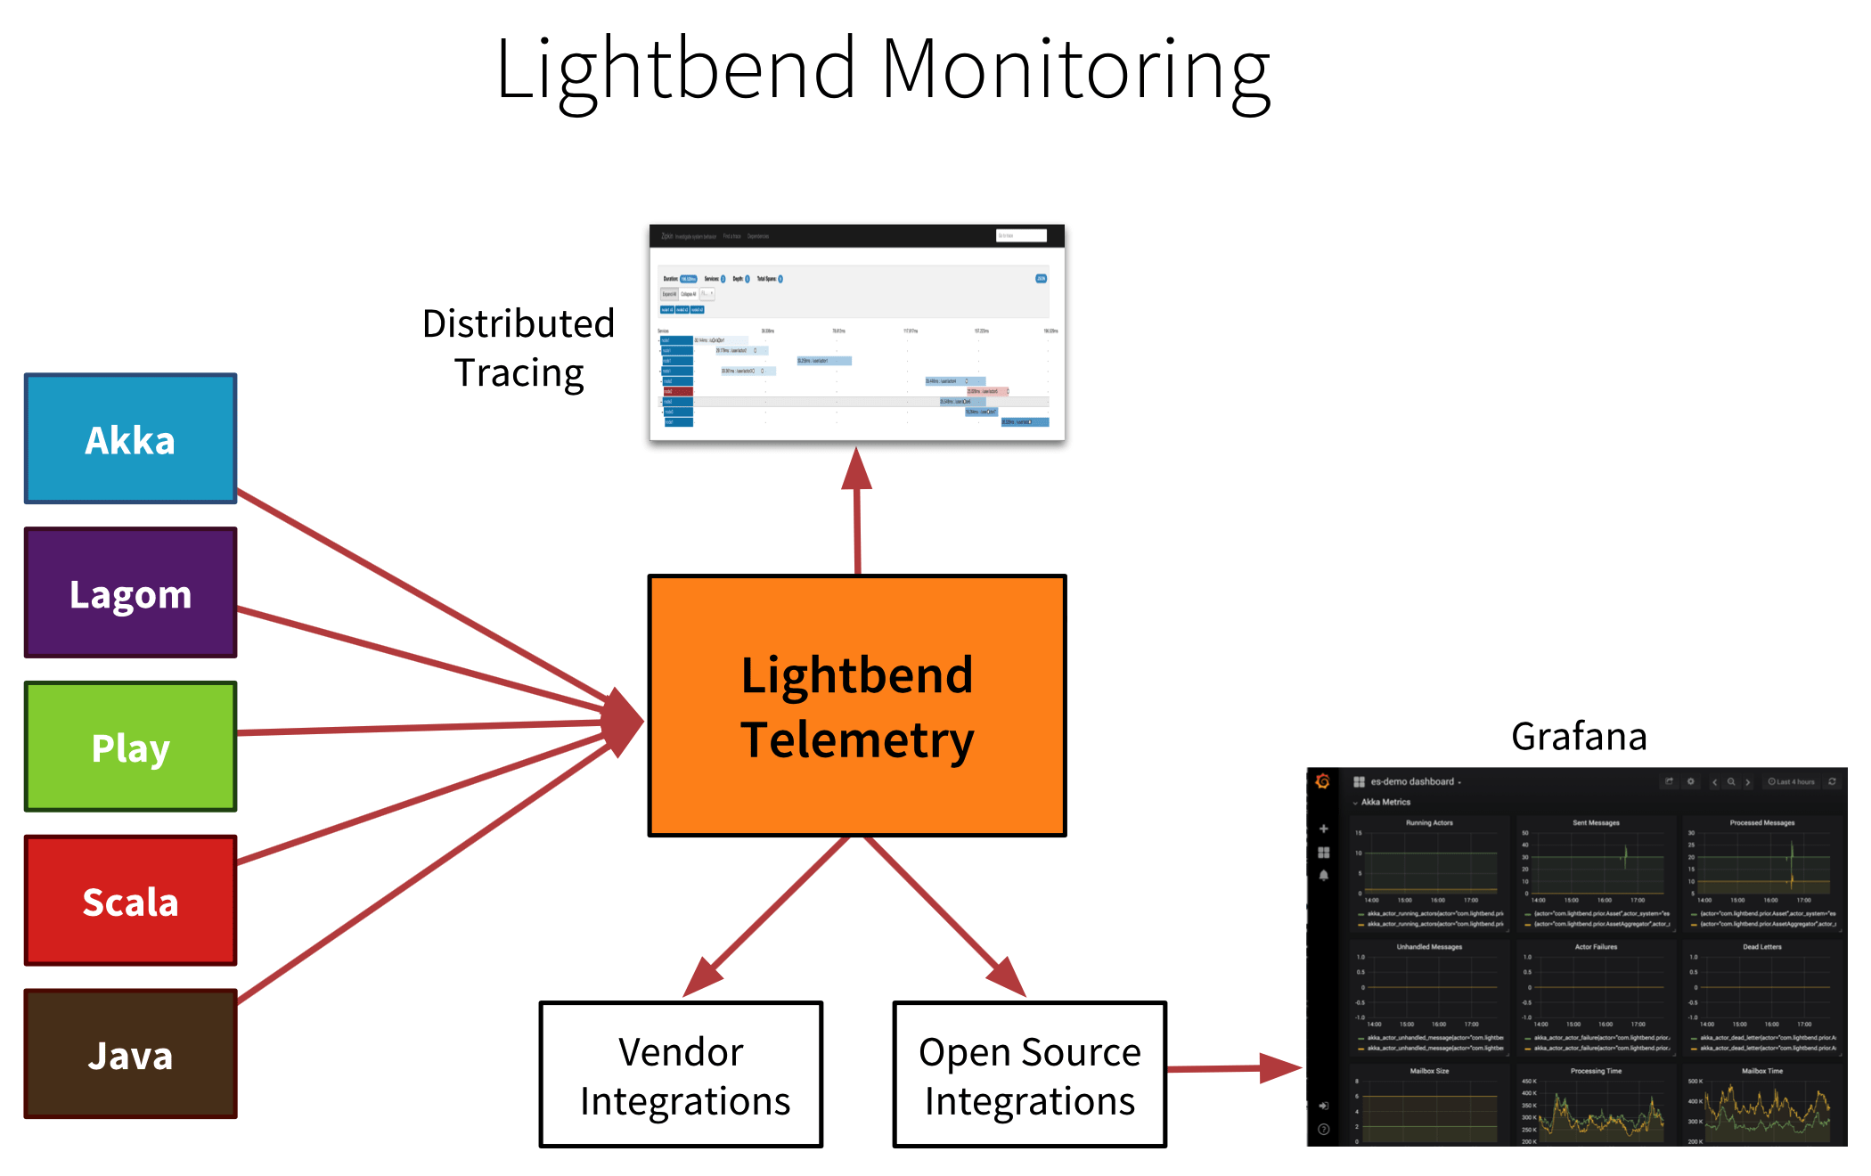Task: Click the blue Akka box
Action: [x=130, y=439]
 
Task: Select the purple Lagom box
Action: [x=130, y=593]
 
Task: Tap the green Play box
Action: [x=130, y=747]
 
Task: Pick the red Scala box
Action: [x=130, y=901]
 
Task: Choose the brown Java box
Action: [x=130, y=1055]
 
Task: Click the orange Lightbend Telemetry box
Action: [x=856, y=706]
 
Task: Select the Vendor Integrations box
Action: [x=681, y=1074]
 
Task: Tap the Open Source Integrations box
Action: [x=1029, y=1074]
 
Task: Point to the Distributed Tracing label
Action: [x=519, y=347]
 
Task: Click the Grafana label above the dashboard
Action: [x=1578, y=737]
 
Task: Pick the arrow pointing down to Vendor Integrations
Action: [x=766, y=918]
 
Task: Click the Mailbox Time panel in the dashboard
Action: [x=1761, y=1105]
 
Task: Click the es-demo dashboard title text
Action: [x=1412, y=781]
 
